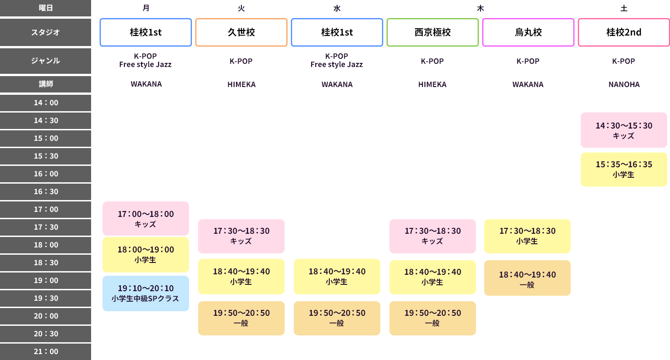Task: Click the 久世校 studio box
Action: (241, 32)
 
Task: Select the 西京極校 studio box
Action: (432, 32)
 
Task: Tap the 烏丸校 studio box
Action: (528, 32)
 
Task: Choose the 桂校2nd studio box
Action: (624, 32)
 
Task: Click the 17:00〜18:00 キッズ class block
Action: (146, 219)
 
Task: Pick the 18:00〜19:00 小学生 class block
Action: (146, 255)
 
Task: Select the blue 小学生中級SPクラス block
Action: (146, 293)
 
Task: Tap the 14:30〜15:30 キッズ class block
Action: (624, 130)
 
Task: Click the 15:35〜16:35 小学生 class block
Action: (624, 170)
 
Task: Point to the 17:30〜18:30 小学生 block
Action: (527, 236)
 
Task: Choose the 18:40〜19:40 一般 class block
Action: (527, 278)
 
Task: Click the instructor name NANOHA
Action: (624, 84)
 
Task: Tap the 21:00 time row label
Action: (46, 351)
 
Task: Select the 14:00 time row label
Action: (46, 103)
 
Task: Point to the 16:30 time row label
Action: (46, 191)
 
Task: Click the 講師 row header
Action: (46, 84)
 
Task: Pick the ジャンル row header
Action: (46, 61)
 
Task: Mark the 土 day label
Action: (624, 8)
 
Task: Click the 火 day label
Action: (241, 8)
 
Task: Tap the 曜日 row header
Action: (46, 8)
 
